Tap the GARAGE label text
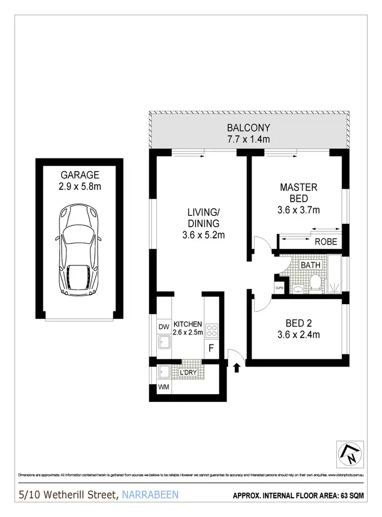[79, 175]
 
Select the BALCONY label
[249, 128]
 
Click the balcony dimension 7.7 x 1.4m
[249, 139]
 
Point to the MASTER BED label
[298, 193]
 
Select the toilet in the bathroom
[314, 283]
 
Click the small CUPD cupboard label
[280, 288]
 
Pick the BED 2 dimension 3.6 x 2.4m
[298, 335]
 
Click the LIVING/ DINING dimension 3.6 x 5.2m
[203, 235]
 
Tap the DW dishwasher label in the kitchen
[163, 326]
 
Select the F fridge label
[211, 350]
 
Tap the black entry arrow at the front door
[236, 368]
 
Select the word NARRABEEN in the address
[150, 494]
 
